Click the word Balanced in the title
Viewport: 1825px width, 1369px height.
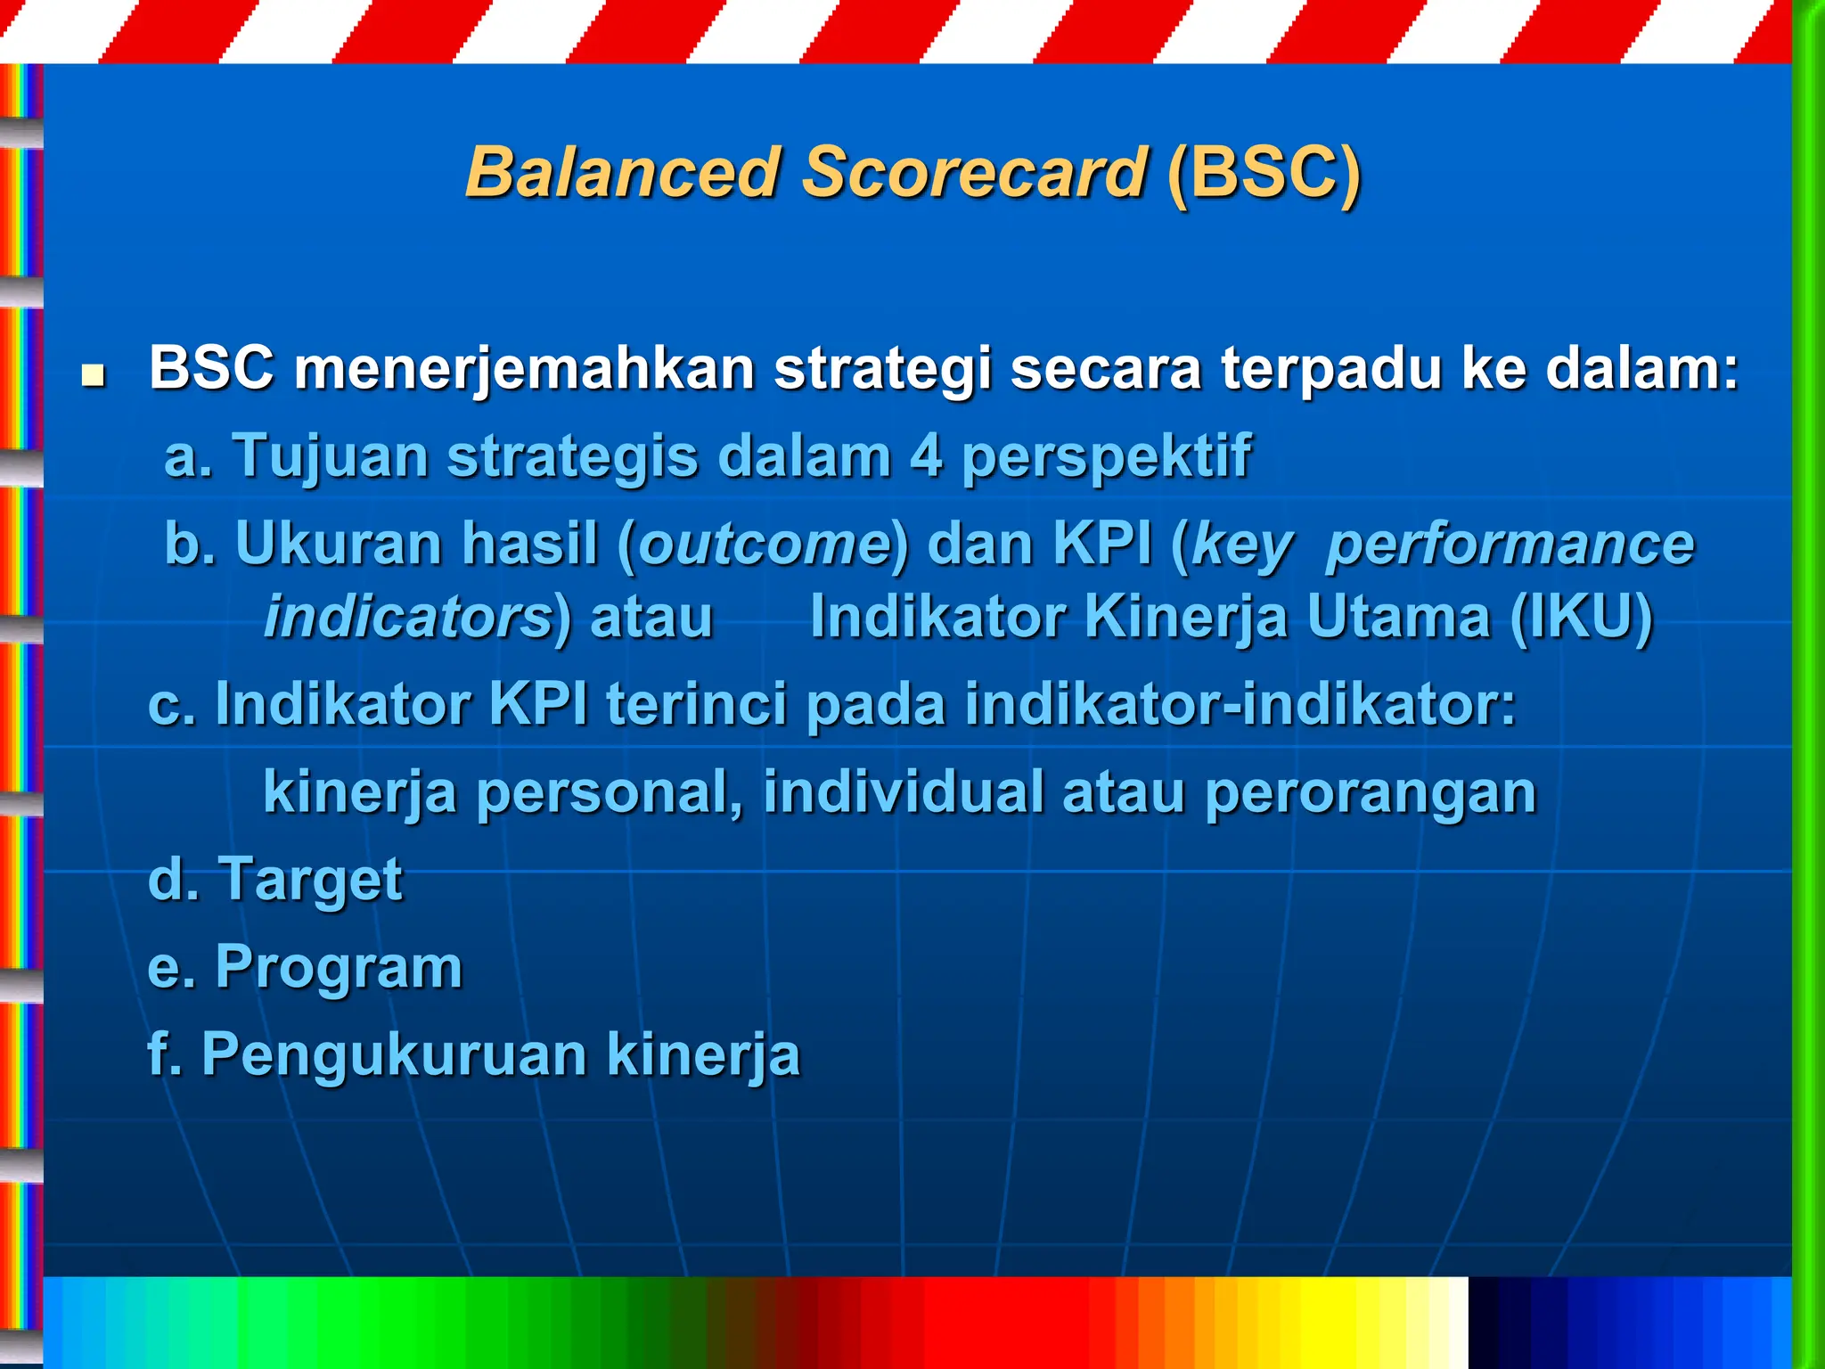click(x=623, y=172)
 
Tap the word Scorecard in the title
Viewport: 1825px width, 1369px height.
click(x=973, y=172)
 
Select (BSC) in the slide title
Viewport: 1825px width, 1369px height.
click(x=1264, y=172)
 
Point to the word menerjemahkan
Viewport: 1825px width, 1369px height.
click(x=524, y=369)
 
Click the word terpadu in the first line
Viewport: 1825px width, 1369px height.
click(x=1331, y=369)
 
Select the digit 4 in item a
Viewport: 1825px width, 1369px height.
click(x=926, y=456)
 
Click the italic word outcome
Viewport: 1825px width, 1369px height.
click(x=765, y=544)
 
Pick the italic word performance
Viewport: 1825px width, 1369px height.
click(x=1510, y=545)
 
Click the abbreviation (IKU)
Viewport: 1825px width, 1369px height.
click(x=1582, y=617)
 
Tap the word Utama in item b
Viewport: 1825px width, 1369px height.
click(x=1398, y=617)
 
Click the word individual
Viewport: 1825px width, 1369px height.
click(x=903, y=791)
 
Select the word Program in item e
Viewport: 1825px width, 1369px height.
click(x=339, y=968)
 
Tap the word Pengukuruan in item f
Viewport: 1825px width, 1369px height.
click(x=394, y=1055)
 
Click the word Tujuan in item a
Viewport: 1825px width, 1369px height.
click(x=331, y=456)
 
